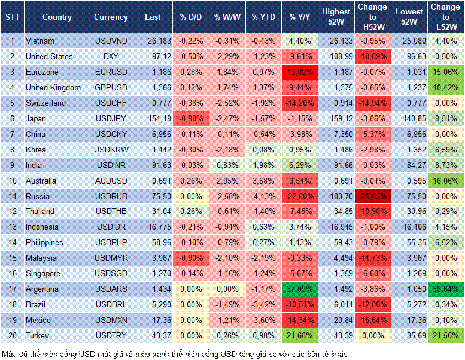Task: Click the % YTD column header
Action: [263, 17]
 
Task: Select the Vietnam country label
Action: [41, 41]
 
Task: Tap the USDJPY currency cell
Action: [111, 118]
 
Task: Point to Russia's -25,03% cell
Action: [373, 196]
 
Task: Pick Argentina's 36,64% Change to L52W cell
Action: [445, 289]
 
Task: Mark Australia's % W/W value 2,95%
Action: [226, 181]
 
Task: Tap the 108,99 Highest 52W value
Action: [336, 57]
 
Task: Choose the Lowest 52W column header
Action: [409, 17]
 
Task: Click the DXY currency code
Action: [111, 57]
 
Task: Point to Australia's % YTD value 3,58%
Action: [263, 181]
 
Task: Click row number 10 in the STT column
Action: [12, 181]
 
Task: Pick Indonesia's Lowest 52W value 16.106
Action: [409, 227]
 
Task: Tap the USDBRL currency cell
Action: [111, 304]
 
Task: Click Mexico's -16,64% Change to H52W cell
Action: [373, 320]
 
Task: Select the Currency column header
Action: [111, 17]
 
